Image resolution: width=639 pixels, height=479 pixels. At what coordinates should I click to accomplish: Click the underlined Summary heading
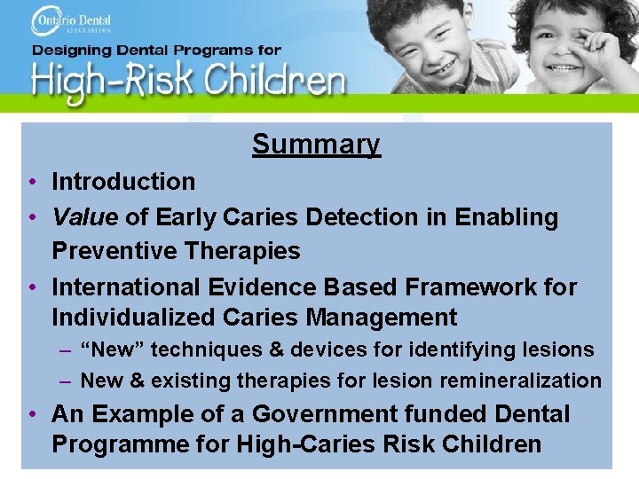point(316,144)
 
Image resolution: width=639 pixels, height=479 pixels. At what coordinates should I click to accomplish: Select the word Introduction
point(123,182)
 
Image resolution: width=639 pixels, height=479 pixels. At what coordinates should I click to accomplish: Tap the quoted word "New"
point(112,350)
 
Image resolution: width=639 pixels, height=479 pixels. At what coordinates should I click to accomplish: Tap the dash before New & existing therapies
point(66,381)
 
